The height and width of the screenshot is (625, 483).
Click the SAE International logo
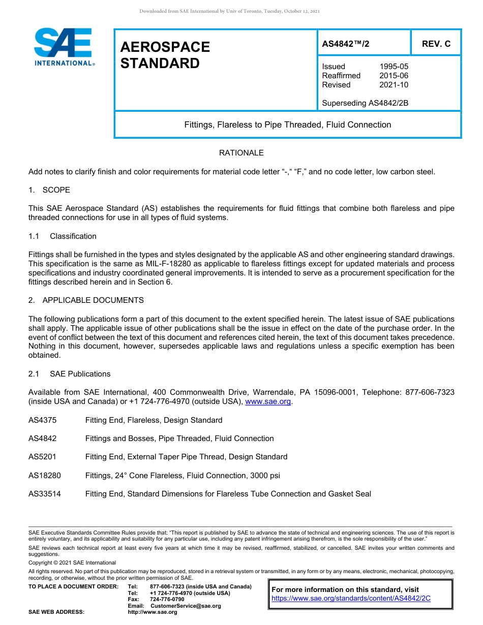pyautogui.click(x=64, y=47)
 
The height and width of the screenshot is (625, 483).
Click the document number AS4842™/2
pyautogui.click(x=346, y=44)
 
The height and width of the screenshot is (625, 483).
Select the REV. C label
pyautogui.click(x=436, y=44)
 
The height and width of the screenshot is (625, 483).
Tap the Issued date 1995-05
pyautogui.click(x=394, y=67)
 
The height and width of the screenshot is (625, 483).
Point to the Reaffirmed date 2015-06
pyautogui.click(x=394, y=76)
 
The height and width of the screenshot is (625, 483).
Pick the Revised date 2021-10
pyautogui.click(x=394, y=85)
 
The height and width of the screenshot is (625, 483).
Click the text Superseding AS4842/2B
pyautogui.click(x=365, y=103)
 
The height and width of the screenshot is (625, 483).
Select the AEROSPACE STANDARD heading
pyautogui.click(x=165, y=55)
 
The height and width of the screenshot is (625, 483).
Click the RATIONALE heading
pyautogui.click(x=241, y=153)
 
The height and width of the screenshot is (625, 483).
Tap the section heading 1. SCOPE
pyautogui.click(x=49, y=190)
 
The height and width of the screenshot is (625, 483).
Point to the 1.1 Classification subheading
pyautogui.click(x=63, y=236)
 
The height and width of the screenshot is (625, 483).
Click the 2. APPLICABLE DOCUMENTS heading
pyautogui.click(x=86, y=300)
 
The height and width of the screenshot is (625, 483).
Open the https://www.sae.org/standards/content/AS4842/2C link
pyautogui.click(x=351, y=598)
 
